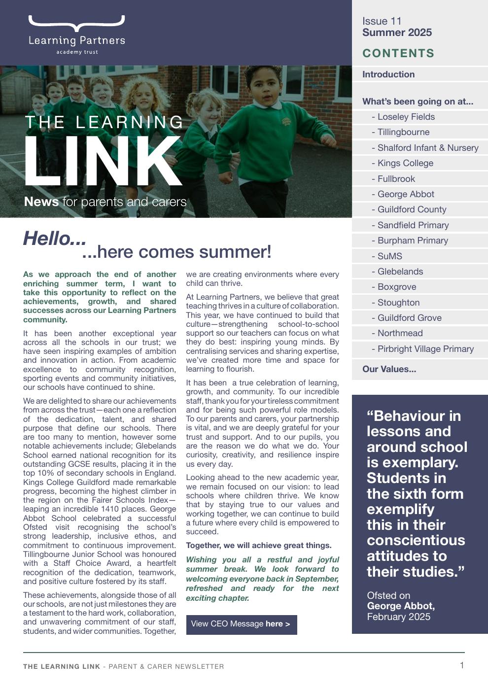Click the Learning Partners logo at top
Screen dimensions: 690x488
[x=76, y=34]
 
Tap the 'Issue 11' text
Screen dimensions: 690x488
[x=382, y=21]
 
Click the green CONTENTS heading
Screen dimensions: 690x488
[x=398, y=53]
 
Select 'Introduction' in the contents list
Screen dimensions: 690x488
[x=388, y=74]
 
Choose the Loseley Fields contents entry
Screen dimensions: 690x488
[x=406, y=117]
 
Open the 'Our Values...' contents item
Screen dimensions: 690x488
[x=389, y=369]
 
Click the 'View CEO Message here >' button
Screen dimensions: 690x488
[x=241, y=624]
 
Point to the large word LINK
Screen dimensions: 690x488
[x=103, y=161]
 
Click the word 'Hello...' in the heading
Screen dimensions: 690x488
[x=55, y=239]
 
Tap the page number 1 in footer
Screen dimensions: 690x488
[x=462, y=665]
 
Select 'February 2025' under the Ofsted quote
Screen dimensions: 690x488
[x=398, y=617]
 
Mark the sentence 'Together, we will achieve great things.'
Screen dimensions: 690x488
[x=258, y=546]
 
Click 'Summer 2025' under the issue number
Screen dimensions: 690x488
[x=397, y=33]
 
